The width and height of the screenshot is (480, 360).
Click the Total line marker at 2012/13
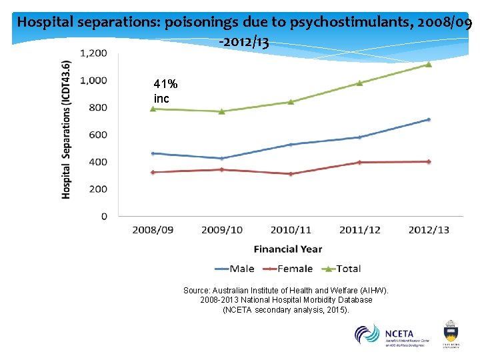click(x=428, y=65)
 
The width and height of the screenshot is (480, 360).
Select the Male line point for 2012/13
click(x=428, y=120)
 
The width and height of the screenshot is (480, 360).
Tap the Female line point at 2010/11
click(x=291, y=174)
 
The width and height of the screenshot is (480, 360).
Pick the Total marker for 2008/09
click(x=153, y=109)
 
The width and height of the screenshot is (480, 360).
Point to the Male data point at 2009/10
click(x=221, y=159)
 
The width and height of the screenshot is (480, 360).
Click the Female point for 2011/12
click(x=359, y=162)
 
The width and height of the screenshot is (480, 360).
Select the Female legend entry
click(x=287, y=269)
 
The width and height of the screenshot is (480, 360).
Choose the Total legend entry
click(x=339, y=269)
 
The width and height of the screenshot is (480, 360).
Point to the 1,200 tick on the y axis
click(x=93, y=53)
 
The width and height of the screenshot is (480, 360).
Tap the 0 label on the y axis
click(x=103, y=216)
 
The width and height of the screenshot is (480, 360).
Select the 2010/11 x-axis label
click(x=291, y=230)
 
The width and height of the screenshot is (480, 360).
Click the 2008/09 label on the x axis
click(x=153, y=230)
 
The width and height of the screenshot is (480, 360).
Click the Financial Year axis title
click(x=287, y=249)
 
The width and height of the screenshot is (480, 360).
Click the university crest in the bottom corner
click(x=451, y=333)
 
